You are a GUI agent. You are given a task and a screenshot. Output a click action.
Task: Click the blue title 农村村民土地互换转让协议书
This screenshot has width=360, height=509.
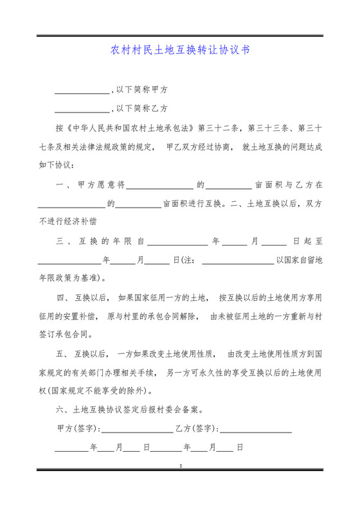pyautogui.click(x=180, y=49)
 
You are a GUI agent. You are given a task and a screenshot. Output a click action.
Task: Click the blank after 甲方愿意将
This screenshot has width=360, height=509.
pyautogui.click(x=159, y=185)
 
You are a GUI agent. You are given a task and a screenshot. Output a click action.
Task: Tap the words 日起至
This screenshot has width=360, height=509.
pyautogui.click(x=307, y=242)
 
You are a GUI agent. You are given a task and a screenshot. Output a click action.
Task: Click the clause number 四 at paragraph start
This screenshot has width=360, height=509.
pyautogui.click(x=62, y=298)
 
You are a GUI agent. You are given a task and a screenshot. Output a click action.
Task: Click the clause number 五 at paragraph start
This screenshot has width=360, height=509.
pyautogui.click(x=62, y=354)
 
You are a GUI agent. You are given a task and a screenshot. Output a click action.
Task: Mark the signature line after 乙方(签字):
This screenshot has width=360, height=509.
pyautogui.click(x=256, y=429)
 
